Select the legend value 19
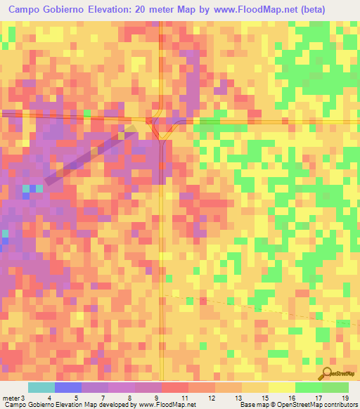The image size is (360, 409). (x=345, y=398)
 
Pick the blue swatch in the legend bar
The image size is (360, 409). (x=67, y=387)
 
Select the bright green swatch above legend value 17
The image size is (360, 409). (x=308, y=387)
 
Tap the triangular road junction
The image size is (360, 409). (x=162, y=130)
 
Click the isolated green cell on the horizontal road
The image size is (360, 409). (x=88, y=113)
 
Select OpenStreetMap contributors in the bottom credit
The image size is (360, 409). (x=321, y=405)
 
